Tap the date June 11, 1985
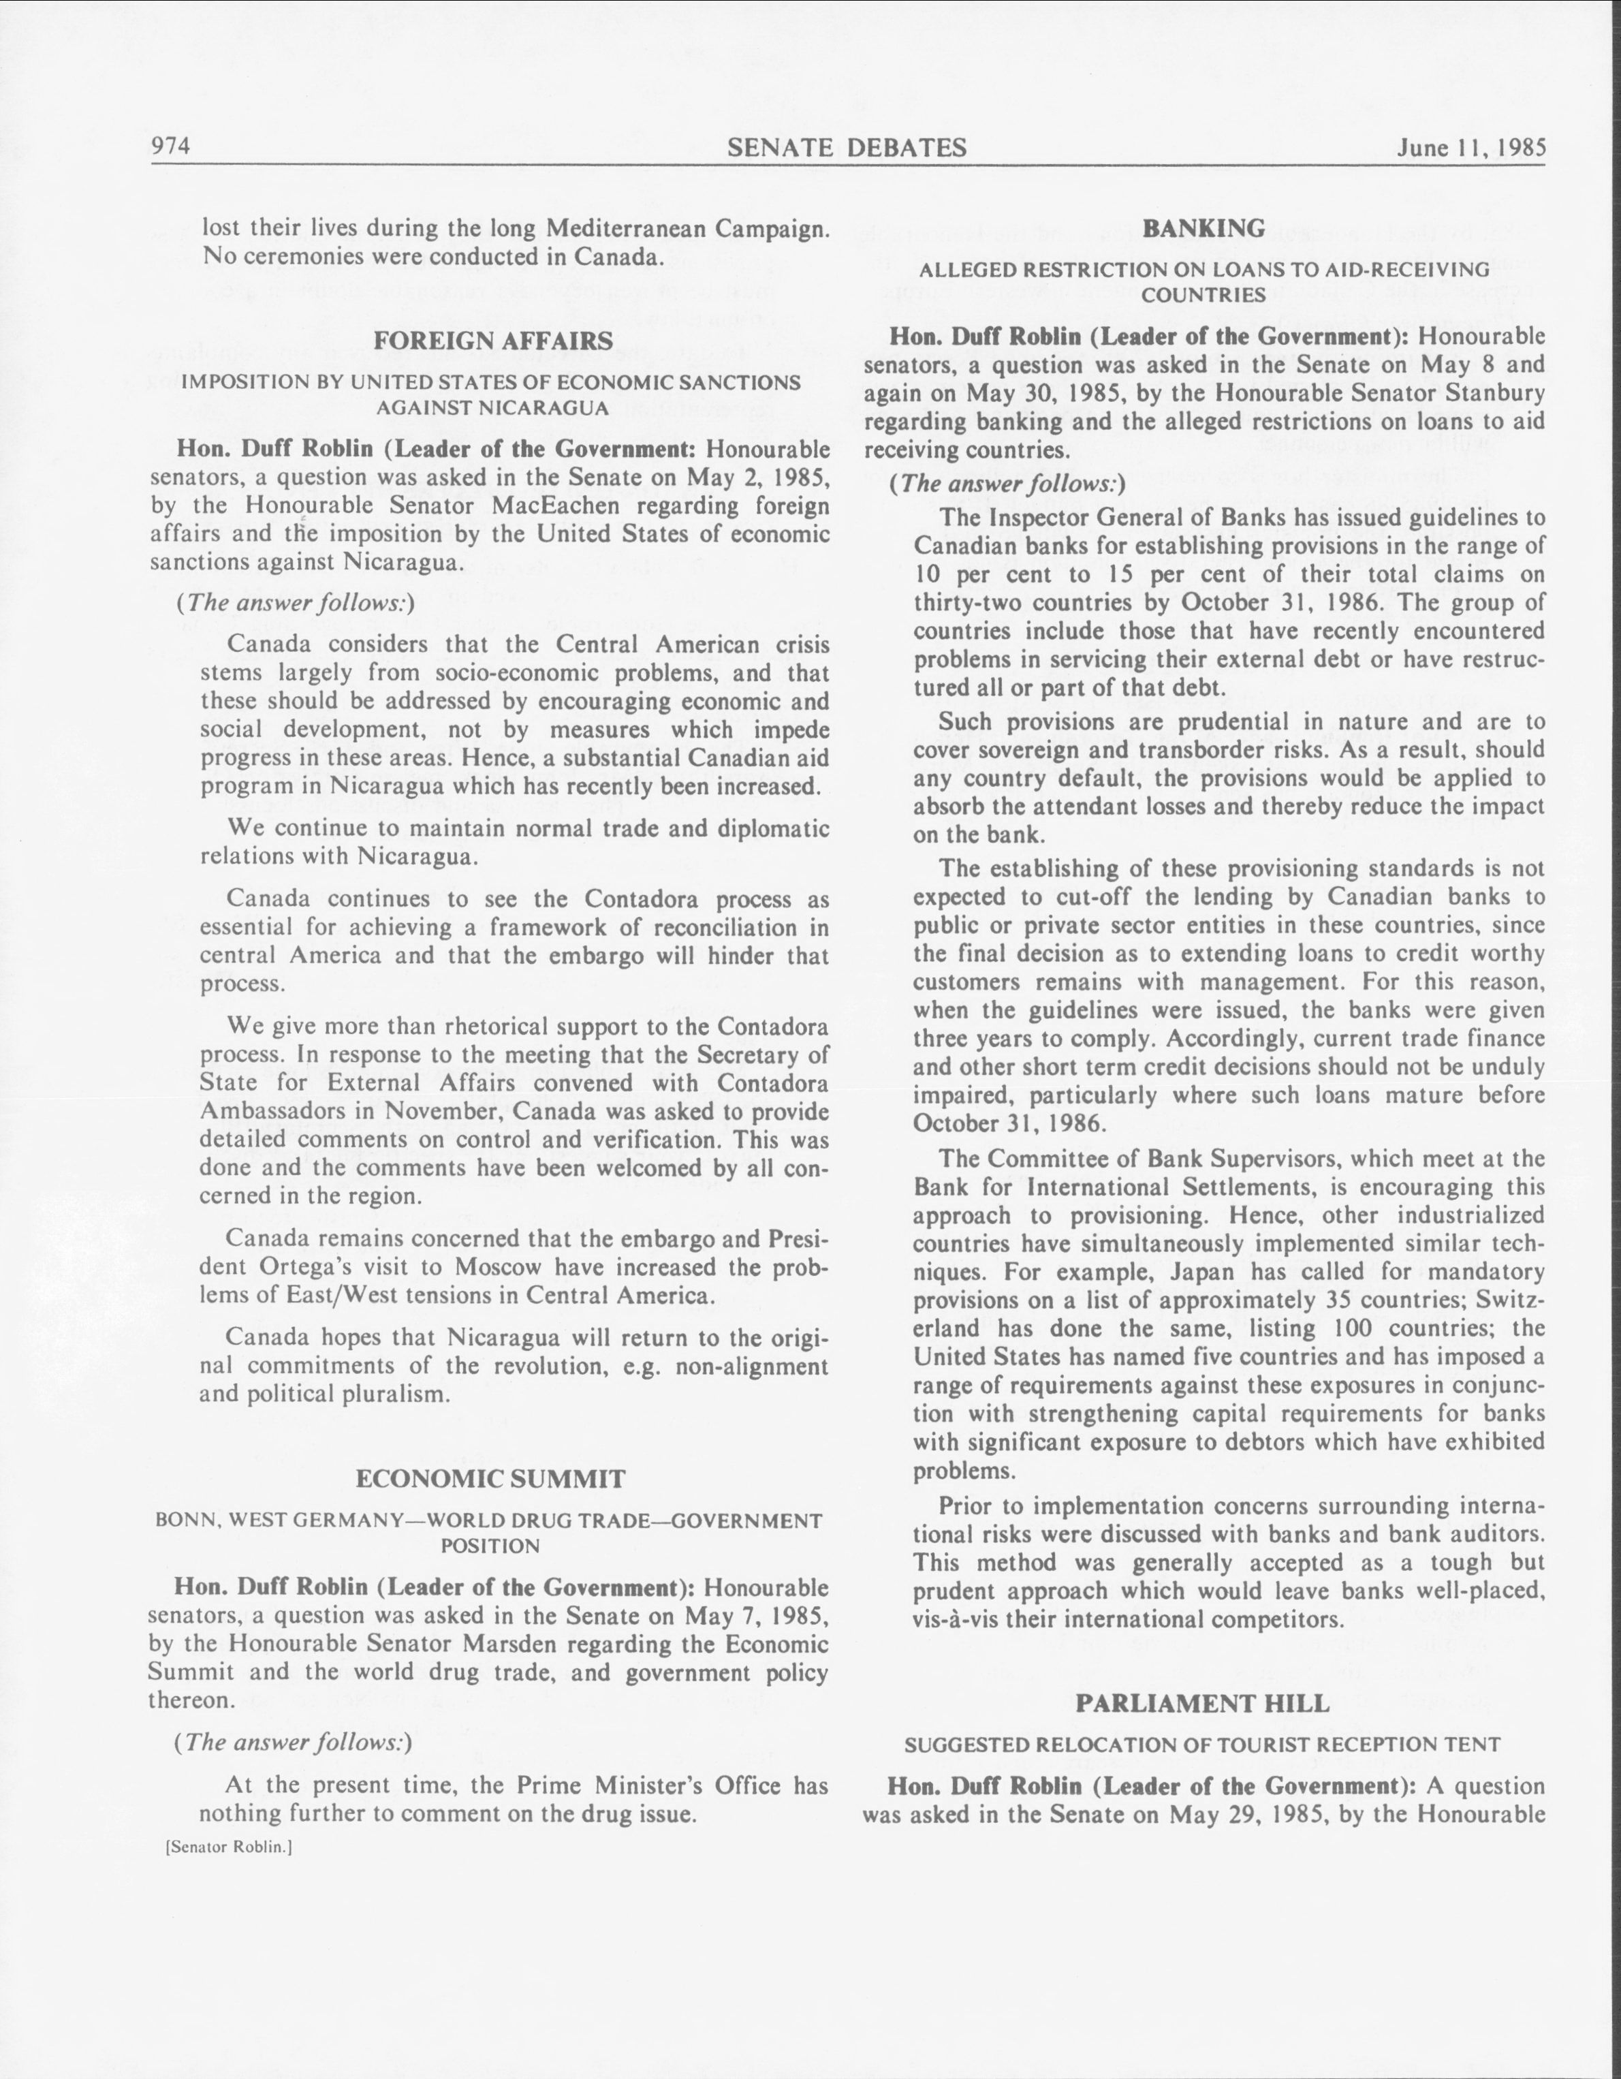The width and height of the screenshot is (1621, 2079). point(1470,148)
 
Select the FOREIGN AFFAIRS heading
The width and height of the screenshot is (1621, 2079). point(492,341)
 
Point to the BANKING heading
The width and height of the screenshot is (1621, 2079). point(1203,228)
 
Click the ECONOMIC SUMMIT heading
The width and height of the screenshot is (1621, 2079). point(490,1478)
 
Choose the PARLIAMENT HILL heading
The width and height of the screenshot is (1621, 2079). point(1202,1704)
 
